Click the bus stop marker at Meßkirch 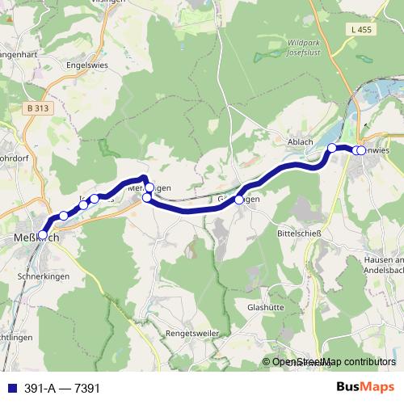(43, 235)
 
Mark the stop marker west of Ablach (331, 148)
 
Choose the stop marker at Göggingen (239, 200)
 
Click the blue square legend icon (9, 389)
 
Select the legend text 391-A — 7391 (61, 389)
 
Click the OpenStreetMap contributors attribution (332, 363)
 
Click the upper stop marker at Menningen (149, 187)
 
